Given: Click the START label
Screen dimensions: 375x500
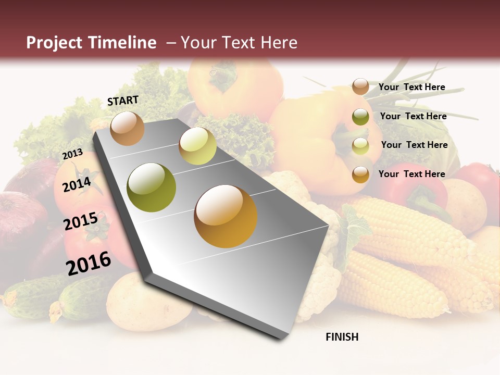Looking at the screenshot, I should (x=123, y=101).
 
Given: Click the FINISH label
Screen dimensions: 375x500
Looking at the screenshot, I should (x=342, y=337).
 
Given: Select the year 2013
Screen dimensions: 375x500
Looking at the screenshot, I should (x=72, y=154).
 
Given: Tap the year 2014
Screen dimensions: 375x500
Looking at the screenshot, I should (x=77, y=184).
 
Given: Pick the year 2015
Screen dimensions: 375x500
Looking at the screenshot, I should (x=81, y=221).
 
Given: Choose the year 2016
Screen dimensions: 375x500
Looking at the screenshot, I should (x=89, y=263).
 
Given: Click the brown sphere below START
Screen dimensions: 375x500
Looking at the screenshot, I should (x=127, y=128).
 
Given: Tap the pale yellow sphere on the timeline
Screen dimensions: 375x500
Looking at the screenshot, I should (x=197, y=146).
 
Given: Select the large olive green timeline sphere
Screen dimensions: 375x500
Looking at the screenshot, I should (x=152, y=187).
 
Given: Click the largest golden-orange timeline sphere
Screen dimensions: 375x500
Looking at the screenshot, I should (x=226, y=216).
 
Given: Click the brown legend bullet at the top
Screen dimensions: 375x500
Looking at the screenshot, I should (x=360, y=87).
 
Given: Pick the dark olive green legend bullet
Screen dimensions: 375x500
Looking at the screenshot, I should (x=360, y=117).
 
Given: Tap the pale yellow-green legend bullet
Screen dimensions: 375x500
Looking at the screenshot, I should (x=360, y=145).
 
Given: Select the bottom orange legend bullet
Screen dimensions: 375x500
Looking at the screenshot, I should (x=360, y=174).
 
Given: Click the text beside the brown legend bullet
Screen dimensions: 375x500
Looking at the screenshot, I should (x=411, y=87).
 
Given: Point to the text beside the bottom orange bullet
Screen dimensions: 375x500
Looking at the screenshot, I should (x=411, y=174).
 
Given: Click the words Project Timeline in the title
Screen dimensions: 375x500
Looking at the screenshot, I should (x=91, y=43).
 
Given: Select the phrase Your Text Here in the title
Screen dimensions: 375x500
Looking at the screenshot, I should (x=239, y=43).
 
